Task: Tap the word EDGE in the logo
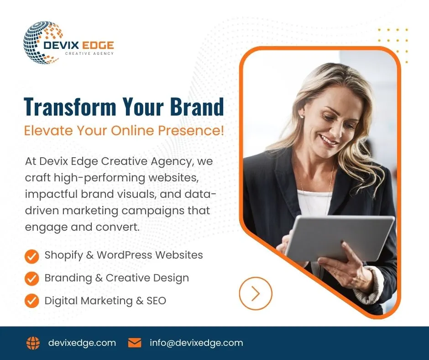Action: (98, 45)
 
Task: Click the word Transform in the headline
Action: (70, 106)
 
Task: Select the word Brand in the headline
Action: (197, 106)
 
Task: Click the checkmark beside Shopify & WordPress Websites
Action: (32, 256)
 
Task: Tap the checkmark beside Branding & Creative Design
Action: (32, 279)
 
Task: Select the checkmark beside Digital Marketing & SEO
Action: (32, 301)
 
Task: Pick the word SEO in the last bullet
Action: (156, 301)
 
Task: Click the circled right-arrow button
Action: (256, 293)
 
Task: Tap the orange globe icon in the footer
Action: (33, 343)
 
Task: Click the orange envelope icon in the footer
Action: (135, 343)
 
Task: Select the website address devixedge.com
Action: (82, 343)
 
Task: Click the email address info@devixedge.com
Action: (196, 343)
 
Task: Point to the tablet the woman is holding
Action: (339, 238)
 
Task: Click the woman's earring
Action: (302, 116)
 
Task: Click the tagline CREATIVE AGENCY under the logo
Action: (89, 53)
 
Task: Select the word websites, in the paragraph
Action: (173, 178)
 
